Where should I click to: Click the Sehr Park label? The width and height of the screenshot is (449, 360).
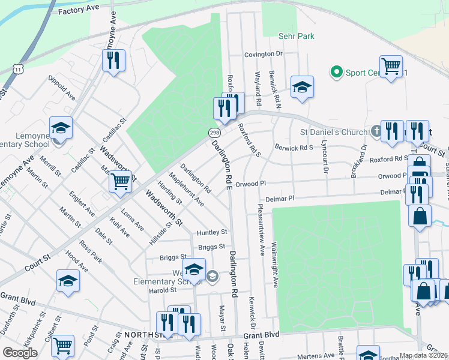(297, 37)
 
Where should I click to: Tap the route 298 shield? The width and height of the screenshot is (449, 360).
(214, 132)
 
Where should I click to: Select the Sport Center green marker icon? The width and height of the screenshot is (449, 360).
(336, 73)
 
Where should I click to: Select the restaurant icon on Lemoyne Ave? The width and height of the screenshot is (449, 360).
(113, 59)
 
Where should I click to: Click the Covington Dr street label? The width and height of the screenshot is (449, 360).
(263, 54)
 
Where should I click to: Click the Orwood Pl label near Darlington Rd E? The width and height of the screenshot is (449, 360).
(250, 184)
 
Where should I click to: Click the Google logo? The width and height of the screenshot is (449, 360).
(20, 353)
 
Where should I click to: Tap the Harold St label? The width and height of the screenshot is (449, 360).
(163, 290)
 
